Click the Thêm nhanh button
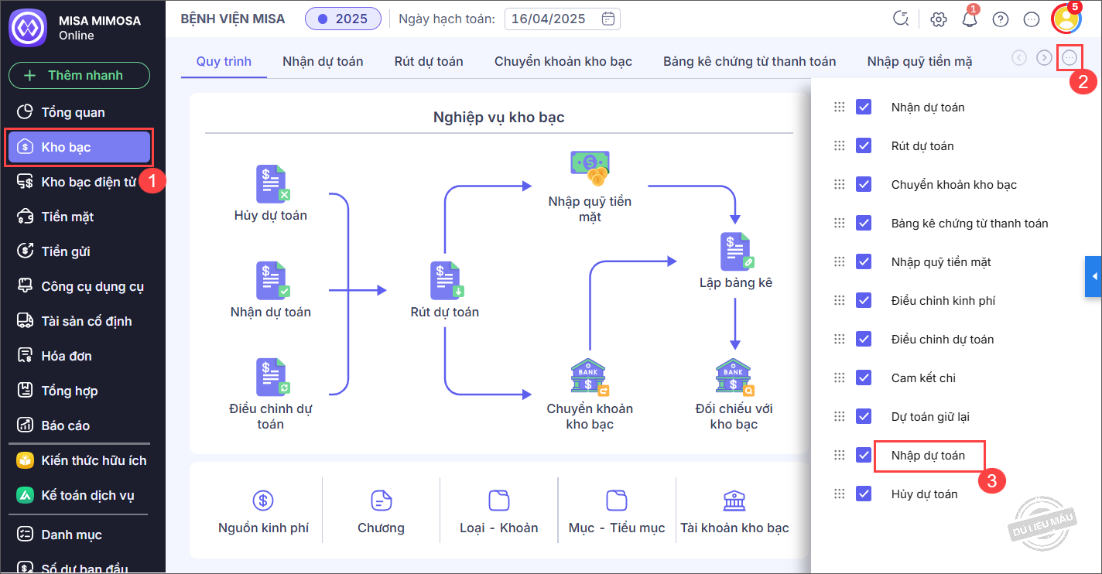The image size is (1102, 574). [x=79, y=76]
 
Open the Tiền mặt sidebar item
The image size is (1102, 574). [x=67, y=217]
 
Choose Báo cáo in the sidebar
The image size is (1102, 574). [x=65, y=425]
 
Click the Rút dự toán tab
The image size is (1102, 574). [x=429, y=61]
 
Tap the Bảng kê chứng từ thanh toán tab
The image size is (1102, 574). [x=749, y=61]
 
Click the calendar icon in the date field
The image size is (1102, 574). [x=608, y=19]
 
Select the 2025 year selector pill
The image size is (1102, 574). [x=343, y=19]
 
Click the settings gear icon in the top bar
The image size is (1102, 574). [x=939, y=19]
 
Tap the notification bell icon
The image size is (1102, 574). [x=970, y=19]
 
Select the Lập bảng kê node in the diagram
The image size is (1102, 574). [x=736, y=251]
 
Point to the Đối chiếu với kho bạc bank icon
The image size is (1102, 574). [x=734, y=378]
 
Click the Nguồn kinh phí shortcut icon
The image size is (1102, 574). [x=263, y=501]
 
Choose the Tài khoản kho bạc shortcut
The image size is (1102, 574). [x=734, y=501]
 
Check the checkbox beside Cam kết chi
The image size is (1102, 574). [x=864, y=378]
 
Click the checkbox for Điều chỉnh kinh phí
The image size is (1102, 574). [x=864, y=300]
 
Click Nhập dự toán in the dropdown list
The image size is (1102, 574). [x=928, y=456]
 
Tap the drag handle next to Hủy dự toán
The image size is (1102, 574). [x=839, y=494]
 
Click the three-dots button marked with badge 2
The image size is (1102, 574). [x=1069, y=57]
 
